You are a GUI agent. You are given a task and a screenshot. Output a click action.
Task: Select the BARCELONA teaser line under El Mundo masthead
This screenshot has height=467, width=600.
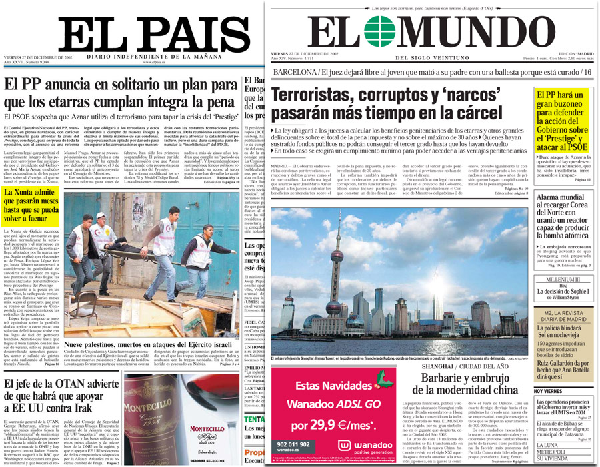pos(433,71)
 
